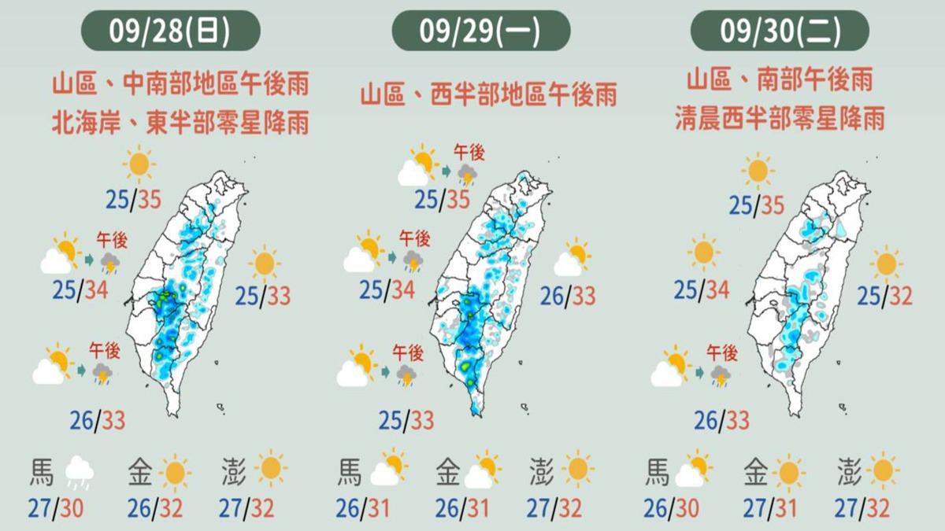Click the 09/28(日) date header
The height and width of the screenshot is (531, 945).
click(x=171, y=31)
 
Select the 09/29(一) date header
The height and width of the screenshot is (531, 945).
click(x=480, y=31)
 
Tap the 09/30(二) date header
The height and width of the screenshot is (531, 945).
click(x=780, y=31)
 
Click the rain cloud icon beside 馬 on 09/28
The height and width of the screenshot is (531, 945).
click(x=80, y=473)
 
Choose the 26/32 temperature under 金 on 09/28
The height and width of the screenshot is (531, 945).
click(x=155, y=508)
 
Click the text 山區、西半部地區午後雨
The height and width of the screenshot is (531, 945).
click(x=488, y=97)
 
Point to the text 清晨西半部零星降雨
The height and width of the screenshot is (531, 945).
click(x=780, y=120)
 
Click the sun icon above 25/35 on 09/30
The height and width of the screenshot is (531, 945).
click(x=758, y=171)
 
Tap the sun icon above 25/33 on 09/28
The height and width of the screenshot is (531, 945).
click(x=264, y=264)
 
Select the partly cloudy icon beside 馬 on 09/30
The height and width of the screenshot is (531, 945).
click(x=691, y=473)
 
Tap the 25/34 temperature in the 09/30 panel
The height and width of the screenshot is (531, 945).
click(x=702, y=290)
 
